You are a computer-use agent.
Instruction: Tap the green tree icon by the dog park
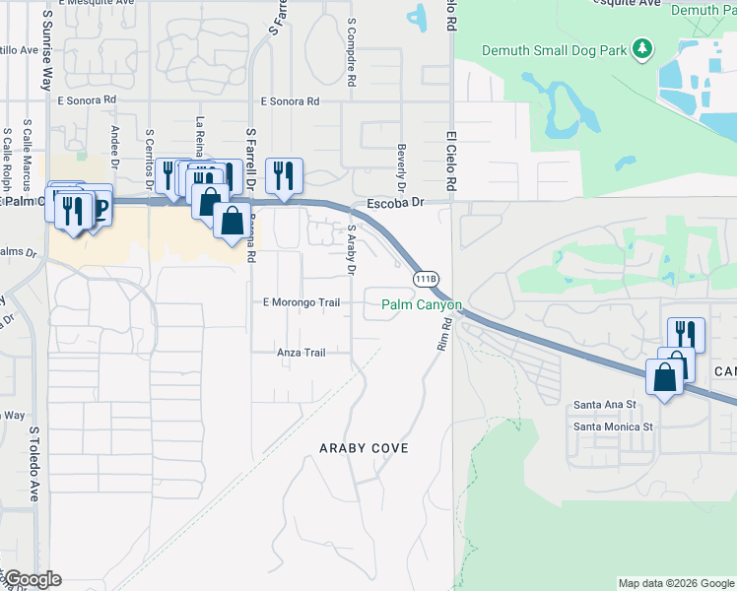click(x=642, y=47)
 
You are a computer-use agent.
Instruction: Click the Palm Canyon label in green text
click(x=422, y=305)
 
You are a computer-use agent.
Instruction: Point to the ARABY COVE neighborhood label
click(x=364, y=448)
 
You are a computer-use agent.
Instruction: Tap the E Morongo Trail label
click(x=301, y=302)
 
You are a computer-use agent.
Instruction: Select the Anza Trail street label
click(x=301, y=352)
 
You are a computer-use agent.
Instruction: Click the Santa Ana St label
click(x=606, y=405)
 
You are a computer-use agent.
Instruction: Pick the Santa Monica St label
click(x=614, y=427)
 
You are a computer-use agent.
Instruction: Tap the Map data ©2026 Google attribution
click(x=676, y=583)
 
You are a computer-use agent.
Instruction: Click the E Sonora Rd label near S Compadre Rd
click(x=290, y=101)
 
